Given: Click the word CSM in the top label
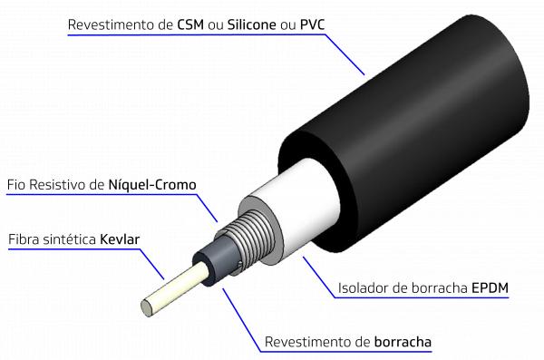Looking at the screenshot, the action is click(190, 24).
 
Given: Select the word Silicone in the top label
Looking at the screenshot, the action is click(252, 24).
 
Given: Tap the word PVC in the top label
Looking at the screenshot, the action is click(312, 24).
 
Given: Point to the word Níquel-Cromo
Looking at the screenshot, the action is click(152, 184).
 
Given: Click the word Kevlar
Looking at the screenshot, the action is click(120, 239).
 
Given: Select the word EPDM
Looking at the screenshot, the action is click(490, 287).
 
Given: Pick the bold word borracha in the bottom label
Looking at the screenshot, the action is click(403, 342).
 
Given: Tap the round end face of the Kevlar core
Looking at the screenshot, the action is click(147, 307).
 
